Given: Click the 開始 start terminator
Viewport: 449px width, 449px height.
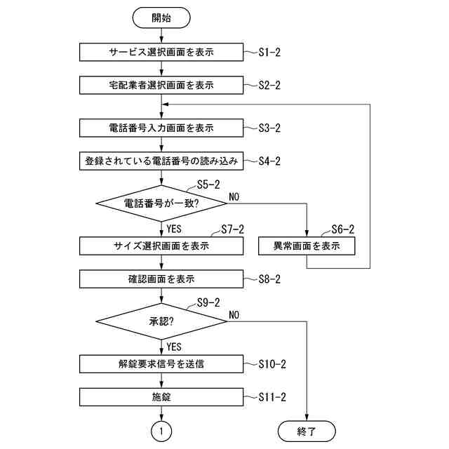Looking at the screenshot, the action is (x=161, y=18).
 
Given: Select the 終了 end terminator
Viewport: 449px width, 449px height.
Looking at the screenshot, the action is (x=307, y=431).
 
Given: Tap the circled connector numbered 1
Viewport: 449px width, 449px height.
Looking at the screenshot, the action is (x=161, y=431).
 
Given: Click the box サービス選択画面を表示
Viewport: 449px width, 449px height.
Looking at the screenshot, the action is (x=161, y=52).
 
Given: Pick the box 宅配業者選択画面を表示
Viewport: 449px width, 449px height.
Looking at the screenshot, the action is (x=161, y=85).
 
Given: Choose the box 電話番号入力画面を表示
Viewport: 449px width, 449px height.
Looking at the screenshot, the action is (x=161, y=128).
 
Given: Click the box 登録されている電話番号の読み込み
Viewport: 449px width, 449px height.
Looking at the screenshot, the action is (x=161, y=161).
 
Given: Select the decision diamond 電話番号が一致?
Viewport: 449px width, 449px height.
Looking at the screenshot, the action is (x=161, y=203).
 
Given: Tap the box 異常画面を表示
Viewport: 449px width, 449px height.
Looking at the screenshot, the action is (x=307, y=246).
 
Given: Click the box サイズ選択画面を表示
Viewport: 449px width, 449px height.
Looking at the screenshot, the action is (x=161, y=246).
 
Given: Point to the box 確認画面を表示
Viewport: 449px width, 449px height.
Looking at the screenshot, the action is (x=161, y=279).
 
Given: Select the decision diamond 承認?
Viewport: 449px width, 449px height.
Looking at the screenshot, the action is (x=161, y=321).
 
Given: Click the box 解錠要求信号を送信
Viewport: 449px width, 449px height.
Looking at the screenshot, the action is (x=161, y=363).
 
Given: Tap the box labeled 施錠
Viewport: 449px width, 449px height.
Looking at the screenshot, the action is (x=161, y=397).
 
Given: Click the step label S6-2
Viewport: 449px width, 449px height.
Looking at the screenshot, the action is (x=342, y=229).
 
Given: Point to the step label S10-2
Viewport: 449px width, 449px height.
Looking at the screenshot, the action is (x=272, y=364).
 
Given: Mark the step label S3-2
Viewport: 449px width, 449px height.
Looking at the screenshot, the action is (x=269, y=128).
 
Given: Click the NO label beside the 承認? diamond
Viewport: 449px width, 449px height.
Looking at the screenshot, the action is (x=234, y=315).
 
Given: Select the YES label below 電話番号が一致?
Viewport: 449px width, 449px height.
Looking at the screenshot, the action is (x=174, y=229).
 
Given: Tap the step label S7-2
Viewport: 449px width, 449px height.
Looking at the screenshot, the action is (x=232, y=229).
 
